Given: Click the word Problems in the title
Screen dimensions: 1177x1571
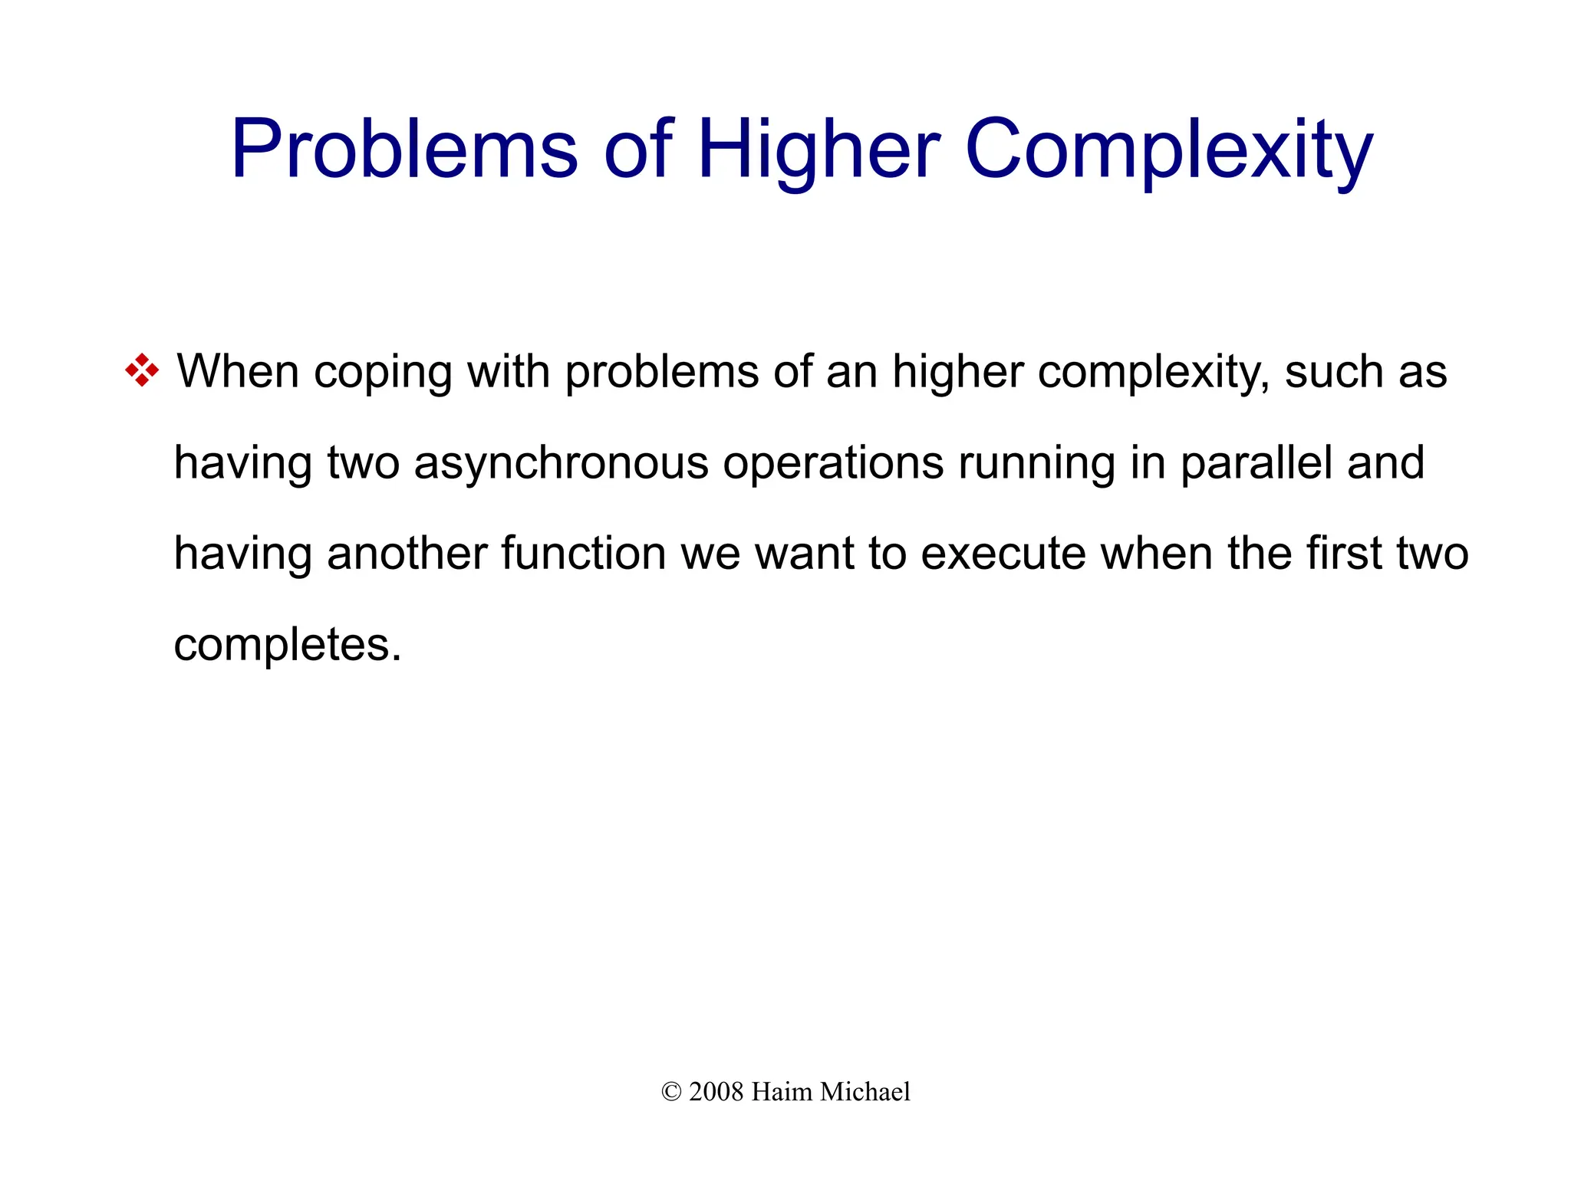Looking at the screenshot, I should click(x=403, y=149).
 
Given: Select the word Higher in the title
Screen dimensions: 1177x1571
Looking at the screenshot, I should click(x=818, y=149).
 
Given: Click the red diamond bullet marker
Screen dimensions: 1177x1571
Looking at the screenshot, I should click(x=142, y=370).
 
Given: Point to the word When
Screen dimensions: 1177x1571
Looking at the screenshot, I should click(x=238, y=372).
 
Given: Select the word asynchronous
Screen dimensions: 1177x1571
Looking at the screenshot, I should click(x=561, y=464).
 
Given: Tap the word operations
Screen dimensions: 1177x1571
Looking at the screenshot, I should click(x=833, y=464).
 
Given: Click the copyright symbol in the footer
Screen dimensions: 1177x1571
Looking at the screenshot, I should click(x=671, y=1092).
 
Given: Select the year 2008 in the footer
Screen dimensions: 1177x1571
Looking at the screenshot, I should click(x=716, y=1092).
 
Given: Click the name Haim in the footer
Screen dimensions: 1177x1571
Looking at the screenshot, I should click(x=782, y=1092).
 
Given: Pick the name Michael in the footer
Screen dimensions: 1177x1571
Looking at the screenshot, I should click(x=865, y=1092).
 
